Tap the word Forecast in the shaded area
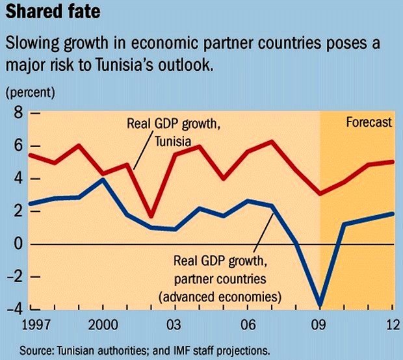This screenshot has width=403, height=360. (x=369, y=122)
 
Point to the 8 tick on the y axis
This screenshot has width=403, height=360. (x=17, y=114)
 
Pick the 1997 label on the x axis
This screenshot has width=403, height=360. (x=19, y=324)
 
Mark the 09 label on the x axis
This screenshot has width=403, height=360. (x=318, y=324)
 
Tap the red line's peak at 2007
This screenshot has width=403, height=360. (x=271, y=142)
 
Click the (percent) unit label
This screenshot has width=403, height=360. (x=31, y=91)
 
